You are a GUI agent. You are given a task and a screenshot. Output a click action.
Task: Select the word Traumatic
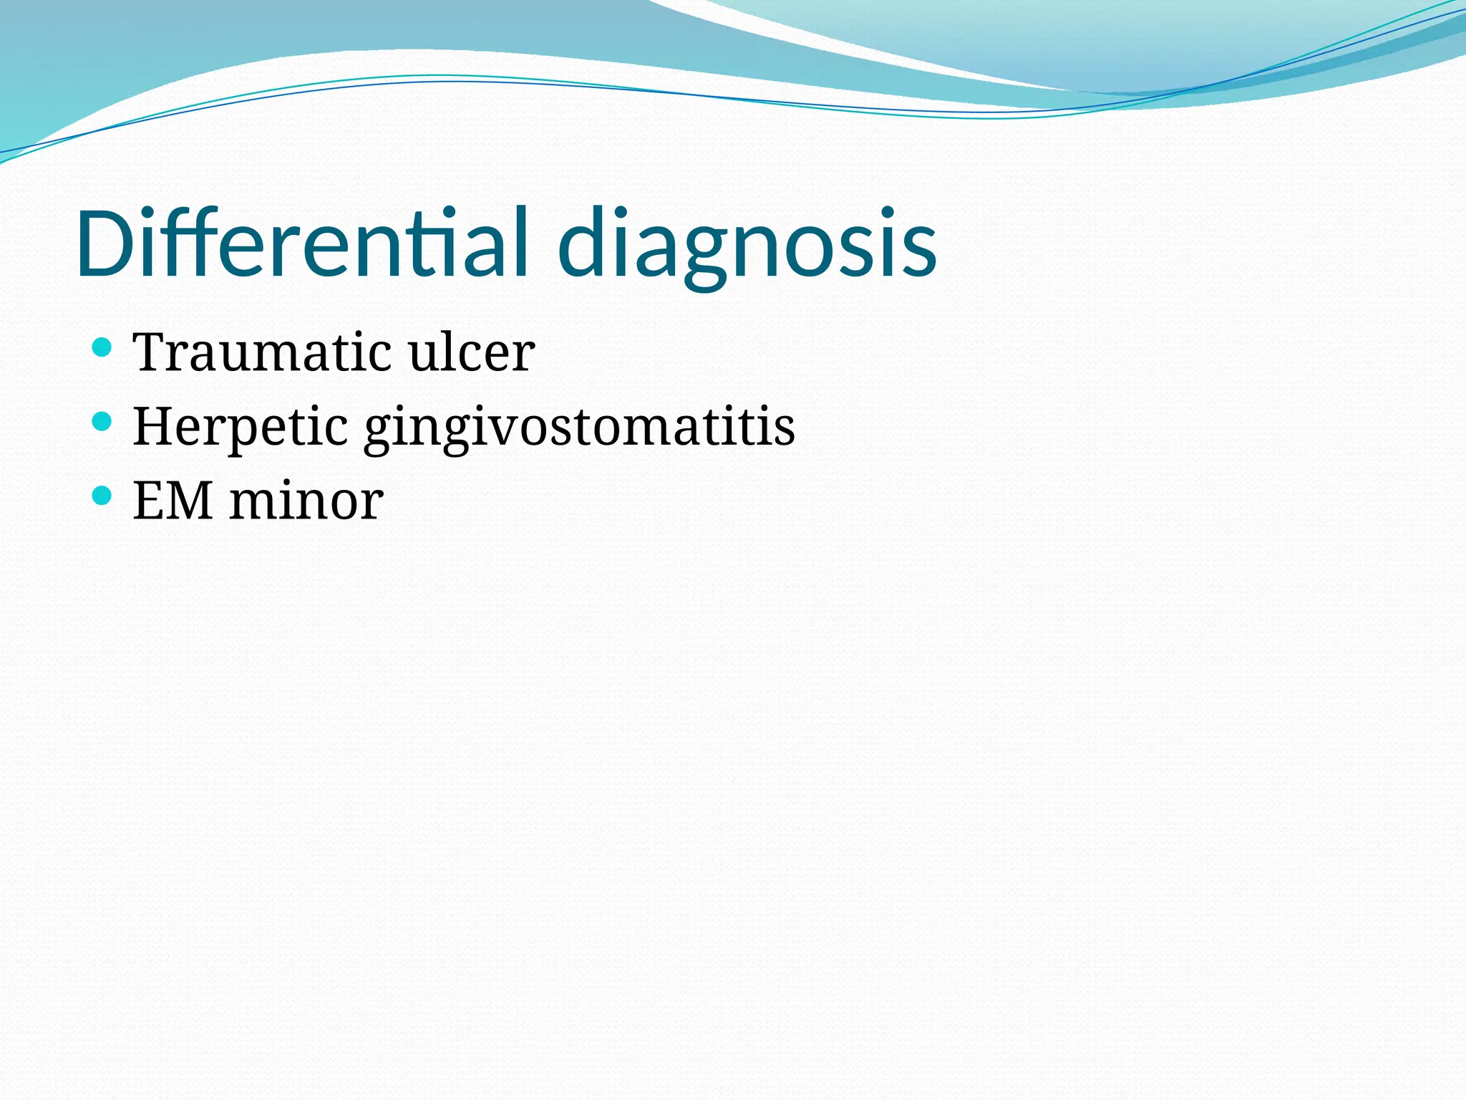[262, 352]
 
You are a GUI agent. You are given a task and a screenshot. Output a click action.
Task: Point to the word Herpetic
[240, 427]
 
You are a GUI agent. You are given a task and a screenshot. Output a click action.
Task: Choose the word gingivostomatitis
[579, 428]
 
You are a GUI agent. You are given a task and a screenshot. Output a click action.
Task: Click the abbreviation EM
[173, 501]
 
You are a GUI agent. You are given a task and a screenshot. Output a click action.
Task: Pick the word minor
[306, 501]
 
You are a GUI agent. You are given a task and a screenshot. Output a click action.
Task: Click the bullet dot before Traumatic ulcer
[102, 347]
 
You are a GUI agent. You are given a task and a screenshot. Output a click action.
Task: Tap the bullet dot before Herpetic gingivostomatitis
[102, 421]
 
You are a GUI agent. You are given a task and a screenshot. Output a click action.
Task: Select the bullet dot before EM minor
[102, 495]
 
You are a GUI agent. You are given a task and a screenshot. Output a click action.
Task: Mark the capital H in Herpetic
[153, 427]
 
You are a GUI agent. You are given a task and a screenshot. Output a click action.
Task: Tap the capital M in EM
[189, 501]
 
